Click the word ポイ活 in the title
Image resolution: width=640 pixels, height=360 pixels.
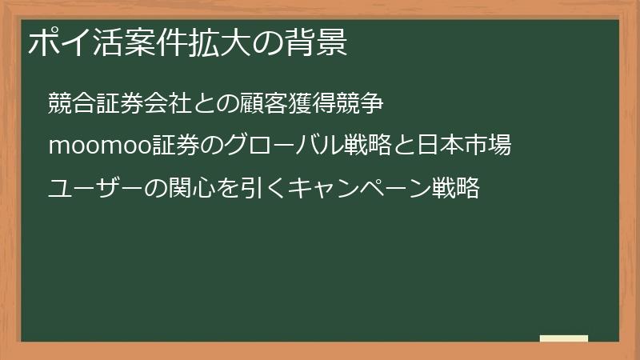[x=68, y=43]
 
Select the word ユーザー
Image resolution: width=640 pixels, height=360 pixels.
[x=93, y=189]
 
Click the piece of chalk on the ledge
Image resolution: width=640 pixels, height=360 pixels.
[x=563, y=338]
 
